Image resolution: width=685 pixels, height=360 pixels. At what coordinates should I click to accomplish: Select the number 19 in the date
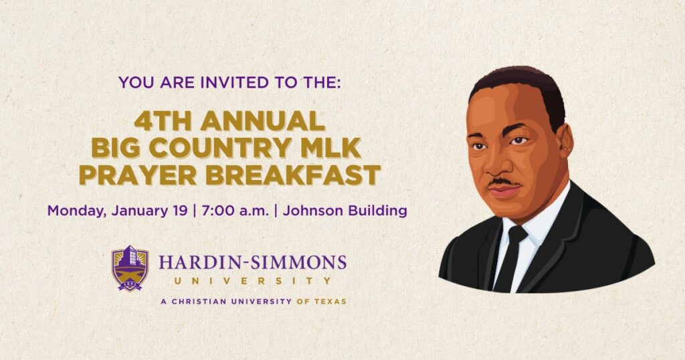pos(179,210)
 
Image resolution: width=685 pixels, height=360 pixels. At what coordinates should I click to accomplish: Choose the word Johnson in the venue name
pos(310,210)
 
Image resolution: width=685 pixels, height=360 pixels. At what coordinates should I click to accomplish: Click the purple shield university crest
pos(130,268)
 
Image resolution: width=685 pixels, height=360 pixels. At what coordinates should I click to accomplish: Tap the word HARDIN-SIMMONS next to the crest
pos(252,261)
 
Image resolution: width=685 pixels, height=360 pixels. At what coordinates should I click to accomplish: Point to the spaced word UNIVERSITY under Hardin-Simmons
pos(252,281)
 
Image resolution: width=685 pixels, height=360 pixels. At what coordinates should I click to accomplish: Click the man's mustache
pos(502,182)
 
